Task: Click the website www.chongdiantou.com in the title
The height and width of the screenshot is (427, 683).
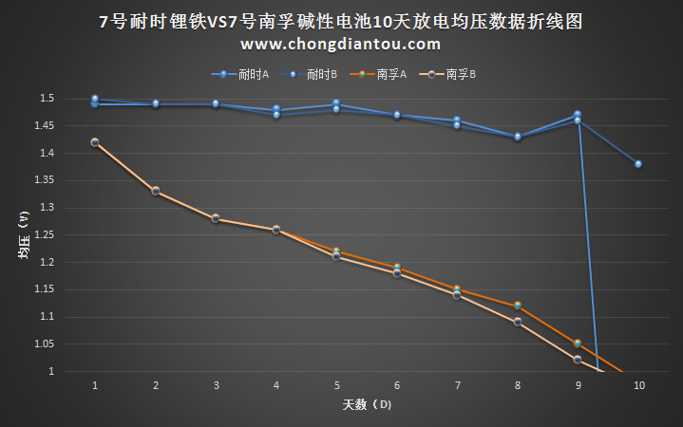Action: pos(340,44)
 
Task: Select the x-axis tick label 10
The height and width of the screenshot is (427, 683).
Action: pos(639,385)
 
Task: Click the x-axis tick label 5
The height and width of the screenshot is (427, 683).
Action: pos(337,385)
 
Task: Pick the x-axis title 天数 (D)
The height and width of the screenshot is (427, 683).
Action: pos(367,404)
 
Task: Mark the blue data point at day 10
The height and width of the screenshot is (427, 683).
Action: pos(638,164)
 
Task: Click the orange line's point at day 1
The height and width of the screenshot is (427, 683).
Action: pos(95,142)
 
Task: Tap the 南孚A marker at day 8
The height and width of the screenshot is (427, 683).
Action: pos(518,306)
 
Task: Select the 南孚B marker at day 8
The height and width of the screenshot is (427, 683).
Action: pos(518,322)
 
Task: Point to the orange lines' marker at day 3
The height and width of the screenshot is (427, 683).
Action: pos(216,218)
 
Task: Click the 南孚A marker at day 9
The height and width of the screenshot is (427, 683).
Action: pos(578,343)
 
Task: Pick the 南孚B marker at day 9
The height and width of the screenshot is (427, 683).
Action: pos(578,360)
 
